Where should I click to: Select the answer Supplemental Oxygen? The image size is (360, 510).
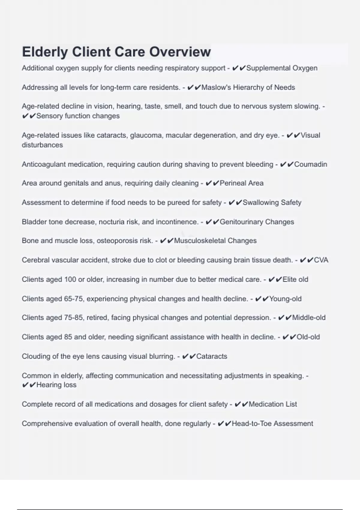click(282, 68)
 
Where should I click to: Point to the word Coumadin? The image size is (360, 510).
click(310, 164)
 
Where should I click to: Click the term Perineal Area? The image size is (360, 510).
click(241, 183)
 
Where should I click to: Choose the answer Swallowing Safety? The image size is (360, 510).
click(272, 202)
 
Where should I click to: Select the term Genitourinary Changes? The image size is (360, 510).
click(257, 222)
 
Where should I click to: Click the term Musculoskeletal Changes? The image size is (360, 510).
click(215, 241)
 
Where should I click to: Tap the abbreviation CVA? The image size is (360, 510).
click(321, 260)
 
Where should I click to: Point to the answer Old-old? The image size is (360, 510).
click(308, 337)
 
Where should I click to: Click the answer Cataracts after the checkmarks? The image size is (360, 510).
click(211, 356)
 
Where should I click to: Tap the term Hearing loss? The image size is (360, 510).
click(56, 385)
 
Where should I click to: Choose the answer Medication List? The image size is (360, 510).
click(273, 404)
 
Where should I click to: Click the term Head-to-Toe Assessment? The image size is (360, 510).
click(272, 424)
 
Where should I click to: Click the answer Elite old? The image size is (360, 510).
click(295, 279)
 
